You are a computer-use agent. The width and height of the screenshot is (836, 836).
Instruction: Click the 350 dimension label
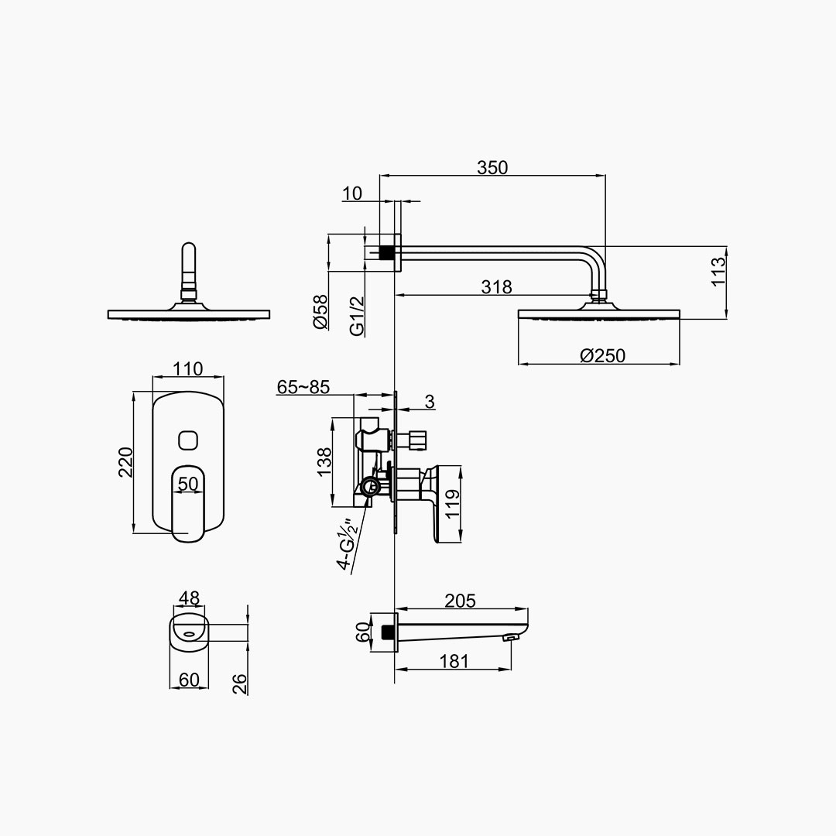[492, 167]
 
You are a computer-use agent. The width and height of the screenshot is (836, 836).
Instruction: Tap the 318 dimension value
[496, 287]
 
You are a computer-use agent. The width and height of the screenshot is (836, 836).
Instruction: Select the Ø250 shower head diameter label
[602, 355]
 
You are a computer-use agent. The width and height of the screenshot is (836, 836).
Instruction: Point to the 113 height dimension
[718, 272]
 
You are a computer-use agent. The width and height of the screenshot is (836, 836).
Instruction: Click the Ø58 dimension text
[321, 312]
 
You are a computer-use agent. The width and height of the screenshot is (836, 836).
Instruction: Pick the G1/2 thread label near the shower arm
[357, 316]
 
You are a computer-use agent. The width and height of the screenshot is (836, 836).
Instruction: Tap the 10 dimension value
[352, 193]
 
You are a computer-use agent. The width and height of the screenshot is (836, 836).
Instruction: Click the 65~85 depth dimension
[303, 386]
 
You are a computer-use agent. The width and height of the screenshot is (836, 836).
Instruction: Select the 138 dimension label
[324, 462]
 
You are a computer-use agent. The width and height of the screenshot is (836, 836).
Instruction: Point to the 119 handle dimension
[452, 505]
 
